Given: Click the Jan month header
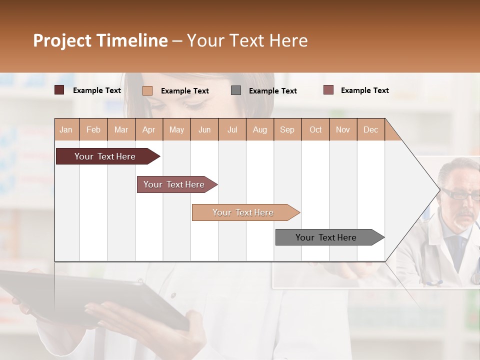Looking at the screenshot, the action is [x=66, y=129].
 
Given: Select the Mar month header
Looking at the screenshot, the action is [x=121, y=129].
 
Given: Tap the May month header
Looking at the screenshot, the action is [x=176, y=129].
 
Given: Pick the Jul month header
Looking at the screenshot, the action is [x=232, y=129].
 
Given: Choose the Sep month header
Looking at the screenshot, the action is [x=287, y=129].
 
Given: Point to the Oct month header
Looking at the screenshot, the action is [x=315, y=129].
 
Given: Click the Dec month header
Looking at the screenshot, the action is [x=370, y=129].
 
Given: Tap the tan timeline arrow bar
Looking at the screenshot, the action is [x=243, y=212].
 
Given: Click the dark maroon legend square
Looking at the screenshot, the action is [x=59, y=90].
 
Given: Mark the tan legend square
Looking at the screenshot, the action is [x=147, y=90].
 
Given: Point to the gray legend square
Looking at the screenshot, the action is [x=236, y=90].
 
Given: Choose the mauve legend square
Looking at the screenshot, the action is [x=328, y=90].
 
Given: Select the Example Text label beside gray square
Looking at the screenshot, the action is [x=273, y=90].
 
